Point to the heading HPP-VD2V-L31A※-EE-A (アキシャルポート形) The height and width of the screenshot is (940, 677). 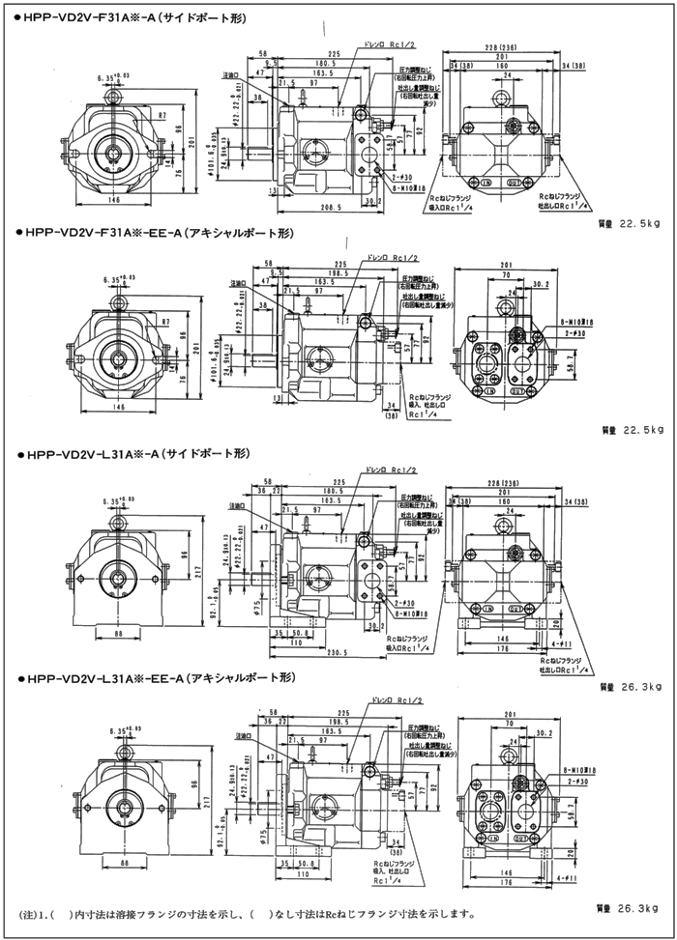(153, 678)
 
